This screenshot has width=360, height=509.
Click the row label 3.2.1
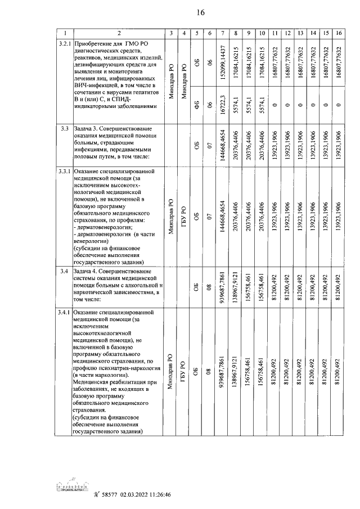(x=65, y=43)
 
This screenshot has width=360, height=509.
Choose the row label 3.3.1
(x=65, y=170)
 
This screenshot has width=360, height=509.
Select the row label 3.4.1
(x=65, y=312)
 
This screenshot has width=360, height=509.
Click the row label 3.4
(x=64, y=272)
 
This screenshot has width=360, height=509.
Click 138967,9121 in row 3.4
(x=237, y=287)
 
